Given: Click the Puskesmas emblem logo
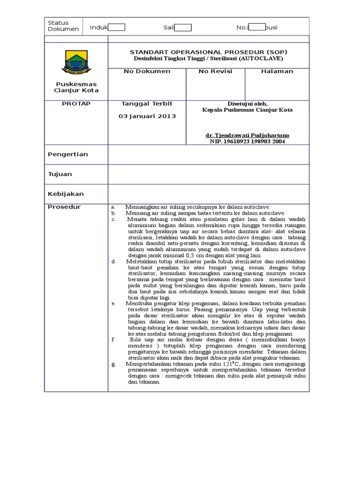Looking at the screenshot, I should [x=76, y=61].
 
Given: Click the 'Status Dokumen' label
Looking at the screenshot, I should [x=63, y=26].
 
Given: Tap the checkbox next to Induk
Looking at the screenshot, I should [x=117, y=27].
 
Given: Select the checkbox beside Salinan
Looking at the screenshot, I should [x=183, y=27].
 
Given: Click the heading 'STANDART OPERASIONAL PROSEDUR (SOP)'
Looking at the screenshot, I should [x=209, y=52].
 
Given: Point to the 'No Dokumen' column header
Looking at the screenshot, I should [x=147, y=71].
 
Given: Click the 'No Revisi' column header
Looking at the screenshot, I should [x=215, y=71].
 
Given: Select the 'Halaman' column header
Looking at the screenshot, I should [x=277, y=71].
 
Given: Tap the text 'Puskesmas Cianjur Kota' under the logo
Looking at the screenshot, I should [x=76, y=87].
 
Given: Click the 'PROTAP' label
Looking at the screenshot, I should [x=76, y=104].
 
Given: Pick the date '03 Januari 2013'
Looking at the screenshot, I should [x=147, y=116].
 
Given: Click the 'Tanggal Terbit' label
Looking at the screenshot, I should [x=147, y=104].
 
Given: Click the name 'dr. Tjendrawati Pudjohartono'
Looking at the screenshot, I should [x=247, y=135].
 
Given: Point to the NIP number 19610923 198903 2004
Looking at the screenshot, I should [x=247, y=141].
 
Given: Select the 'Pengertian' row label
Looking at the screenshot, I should [x=68, y=154].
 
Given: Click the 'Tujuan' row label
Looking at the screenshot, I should [x=60, y=174].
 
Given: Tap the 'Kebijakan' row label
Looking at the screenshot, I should [x=66, y=194].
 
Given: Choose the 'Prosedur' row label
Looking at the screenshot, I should [x=64, y=207].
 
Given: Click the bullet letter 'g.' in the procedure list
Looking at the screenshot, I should [x=113, y=364].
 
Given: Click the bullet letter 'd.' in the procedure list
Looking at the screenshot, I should [x=113, y=261].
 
